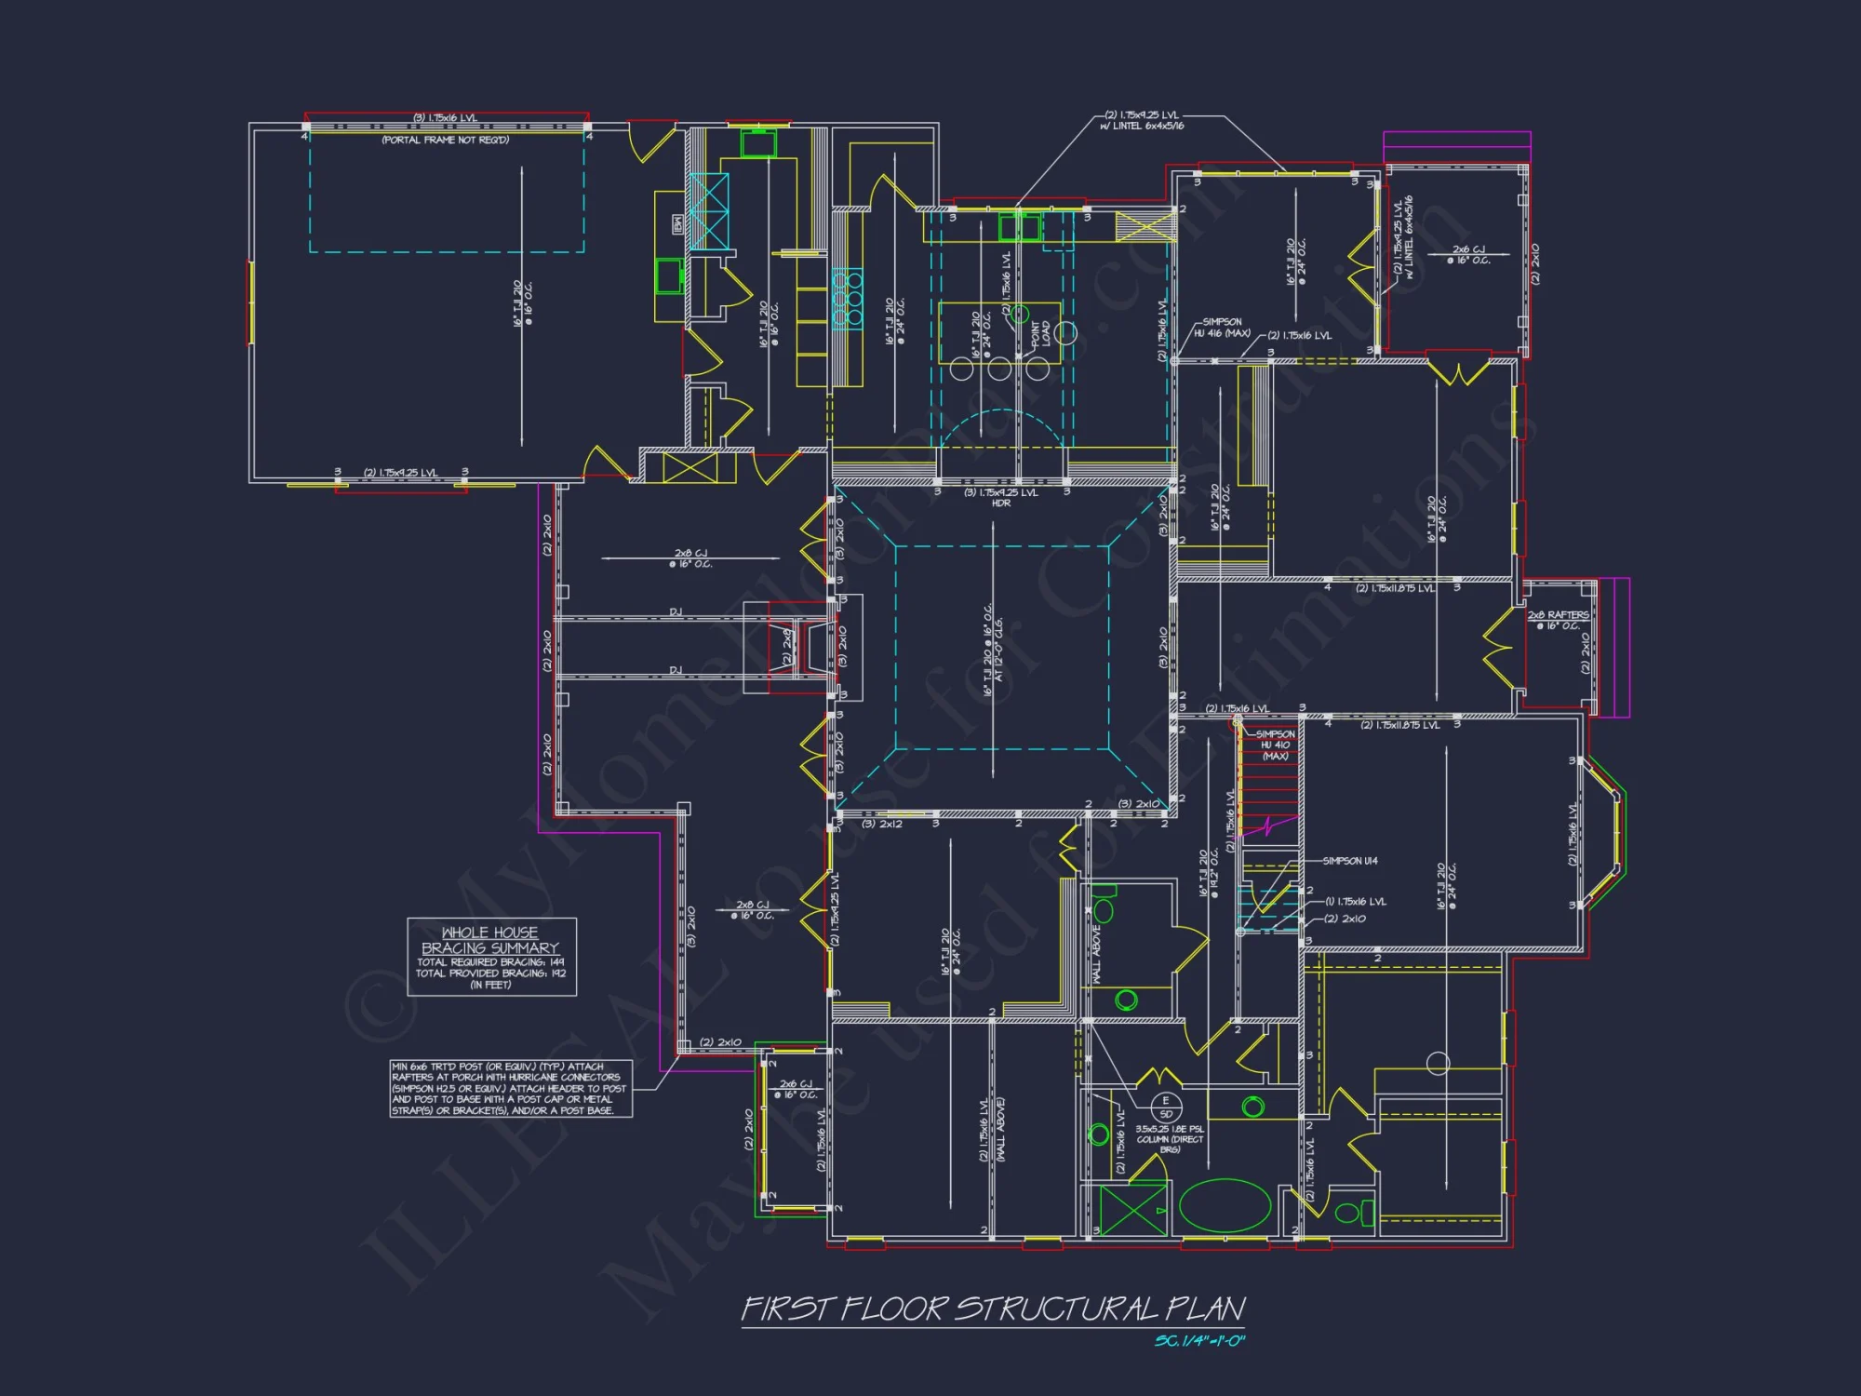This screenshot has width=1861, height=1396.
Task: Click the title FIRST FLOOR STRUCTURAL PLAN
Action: [x=992, y=1309]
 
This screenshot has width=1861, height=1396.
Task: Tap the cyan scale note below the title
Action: [x=1198, y=1341]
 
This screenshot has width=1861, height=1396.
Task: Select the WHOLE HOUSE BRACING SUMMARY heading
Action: [x=490, y=940]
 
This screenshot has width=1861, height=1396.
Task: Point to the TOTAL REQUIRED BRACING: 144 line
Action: [x=490, y=962]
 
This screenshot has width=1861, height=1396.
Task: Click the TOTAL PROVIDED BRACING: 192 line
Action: [x=490, y=973]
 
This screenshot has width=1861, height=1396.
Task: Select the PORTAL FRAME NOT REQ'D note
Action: [x=445, y=141]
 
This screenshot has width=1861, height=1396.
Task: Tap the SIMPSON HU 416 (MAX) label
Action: [x=1222, y=328]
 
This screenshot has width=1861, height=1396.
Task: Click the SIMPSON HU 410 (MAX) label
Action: [x=1275, y=745]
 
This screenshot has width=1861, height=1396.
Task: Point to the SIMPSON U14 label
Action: [x=1349, y=861]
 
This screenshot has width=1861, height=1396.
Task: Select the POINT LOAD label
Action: [x=1040, y=334]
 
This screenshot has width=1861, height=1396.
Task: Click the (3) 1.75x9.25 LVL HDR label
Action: [x=1001, y=498]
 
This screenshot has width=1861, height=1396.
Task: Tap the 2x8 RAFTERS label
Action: [x=1558, y=615]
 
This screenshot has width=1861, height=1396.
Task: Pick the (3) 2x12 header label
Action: [x=882, y=824]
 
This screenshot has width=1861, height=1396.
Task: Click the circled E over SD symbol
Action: [x=1165, y=1107]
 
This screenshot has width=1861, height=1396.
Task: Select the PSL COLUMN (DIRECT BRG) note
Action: [x=1170, y=1139]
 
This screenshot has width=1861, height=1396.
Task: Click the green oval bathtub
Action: [x=1225, y=1206]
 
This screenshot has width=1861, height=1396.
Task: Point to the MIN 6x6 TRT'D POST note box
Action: [x=510, y=1088]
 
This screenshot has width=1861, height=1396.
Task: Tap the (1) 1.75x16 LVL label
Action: [x=1356, y=901]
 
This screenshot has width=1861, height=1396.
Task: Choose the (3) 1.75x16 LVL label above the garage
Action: [x=445, y=118]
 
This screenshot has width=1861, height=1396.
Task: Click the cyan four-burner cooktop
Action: [x=847, y=299]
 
